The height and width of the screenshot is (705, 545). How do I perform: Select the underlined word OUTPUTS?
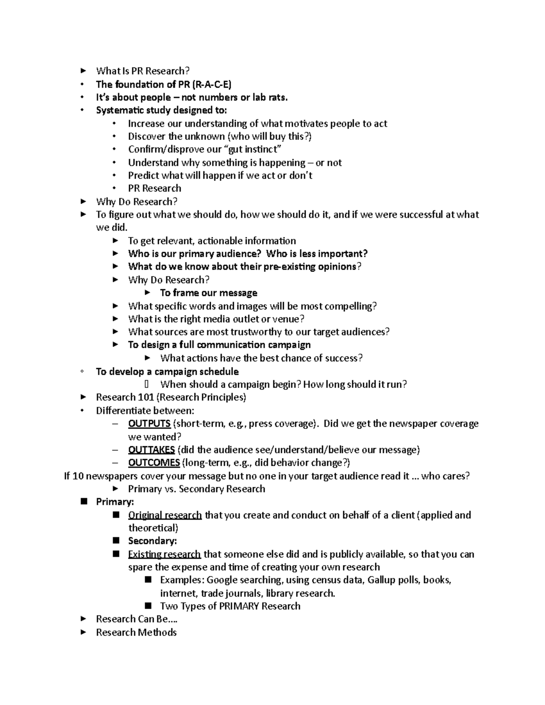149,424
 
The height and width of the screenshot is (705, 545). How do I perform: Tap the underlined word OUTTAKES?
152,450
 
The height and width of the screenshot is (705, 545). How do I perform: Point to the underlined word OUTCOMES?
154,463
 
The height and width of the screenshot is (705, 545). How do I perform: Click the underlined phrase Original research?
165,515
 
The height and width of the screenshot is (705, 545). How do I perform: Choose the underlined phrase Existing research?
164,554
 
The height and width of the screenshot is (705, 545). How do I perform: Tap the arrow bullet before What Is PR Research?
83,71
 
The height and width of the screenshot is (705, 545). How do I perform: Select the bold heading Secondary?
152,541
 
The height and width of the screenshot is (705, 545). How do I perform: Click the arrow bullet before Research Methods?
83,632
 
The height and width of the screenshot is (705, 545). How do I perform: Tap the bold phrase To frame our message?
208,293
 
